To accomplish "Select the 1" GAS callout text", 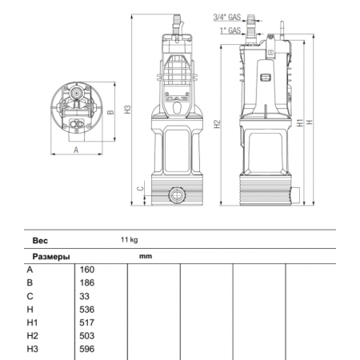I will (229, 30).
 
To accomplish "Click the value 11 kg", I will (130, 239).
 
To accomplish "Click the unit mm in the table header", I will (145, 257).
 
